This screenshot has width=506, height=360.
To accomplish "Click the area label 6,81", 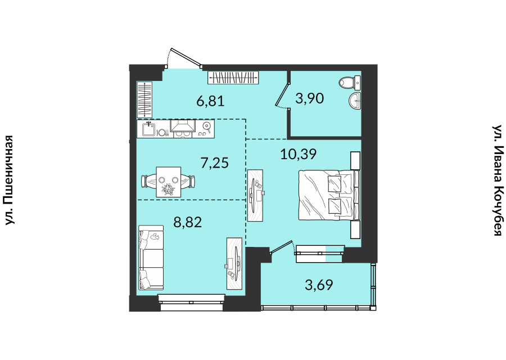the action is tap(210, 101).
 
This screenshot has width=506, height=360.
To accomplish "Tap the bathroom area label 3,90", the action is tap(309, 98).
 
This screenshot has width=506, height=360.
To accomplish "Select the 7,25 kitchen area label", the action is tap(215, 163).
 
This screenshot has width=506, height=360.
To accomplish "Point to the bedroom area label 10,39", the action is tap(299, 154).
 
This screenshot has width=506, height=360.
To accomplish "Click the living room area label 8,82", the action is tap(187, 222).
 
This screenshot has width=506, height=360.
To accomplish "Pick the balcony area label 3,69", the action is tap(319, 285).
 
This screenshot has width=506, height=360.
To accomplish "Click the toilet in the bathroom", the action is tap(350, 83).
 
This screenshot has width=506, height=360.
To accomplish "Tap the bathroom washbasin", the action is tap(355, 101).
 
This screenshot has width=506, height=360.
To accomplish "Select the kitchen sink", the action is tap(150, 129).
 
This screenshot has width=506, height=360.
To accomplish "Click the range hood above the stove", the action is tap(183, 126).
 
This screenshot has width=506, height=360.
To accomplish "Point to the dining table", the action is tap(169, 182).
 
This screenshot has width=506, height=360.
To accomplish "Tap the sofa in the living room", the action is tap(151, 257).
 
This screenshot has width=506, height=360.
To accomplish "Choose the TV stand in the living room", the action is tap(234, 263).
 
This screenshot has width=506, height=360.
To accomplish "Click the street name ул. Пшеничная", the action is tap(10, 180).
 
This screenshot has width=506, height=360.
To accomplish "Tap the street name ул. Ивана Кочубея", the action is tap(498, 181).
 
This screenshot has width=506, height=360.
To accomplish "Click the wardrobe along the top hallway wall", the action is tap(233, 78).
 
